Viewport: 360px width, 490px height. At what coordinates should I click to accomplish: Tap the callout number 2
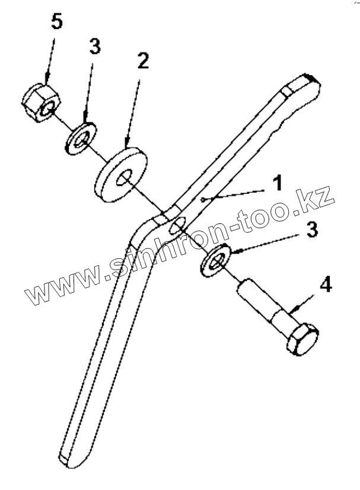[142, 61]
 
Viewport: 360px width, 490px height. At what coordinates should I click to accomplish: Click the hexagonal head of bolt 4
[302, 340]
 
